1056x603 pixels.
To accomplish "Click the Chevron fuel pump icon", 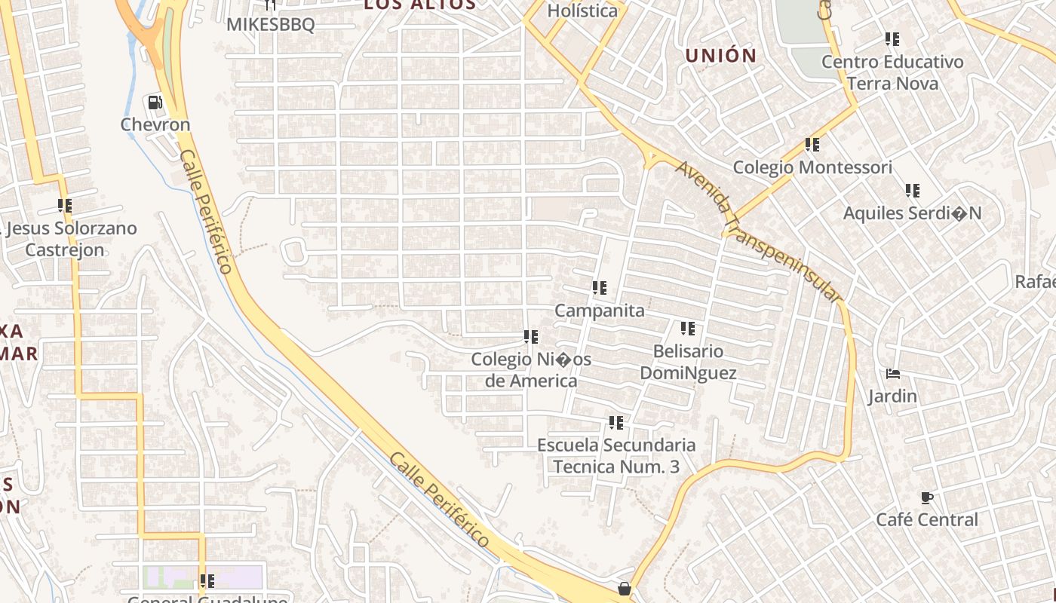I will click(155, 102).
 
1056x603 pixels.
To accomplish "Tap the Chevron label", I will click(155, 124).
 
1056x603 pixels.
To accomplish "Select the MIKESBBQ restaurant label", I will click(271, 24).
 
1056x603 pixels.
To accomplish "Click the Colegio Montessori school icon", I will click(812, 144).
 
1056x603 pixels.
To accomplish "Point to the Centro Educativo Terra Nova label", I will click(892, 72).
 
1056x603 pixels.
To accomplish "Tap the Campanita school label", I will click(600, 311).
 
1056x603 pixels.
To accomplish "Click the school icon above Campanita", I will click(600, 287).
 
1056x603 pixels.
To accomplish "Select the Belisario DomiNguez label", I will click(688, 362).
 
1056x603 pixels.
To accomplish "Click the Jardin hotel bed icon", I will click(893, 374).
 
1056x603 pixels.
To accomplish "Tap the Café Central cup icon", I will click(926, 497).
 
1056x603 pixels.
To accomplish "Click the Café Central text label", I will click(926, 519).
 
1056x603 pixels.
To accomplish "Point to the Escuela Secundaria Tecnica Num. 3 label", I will click(616, 456).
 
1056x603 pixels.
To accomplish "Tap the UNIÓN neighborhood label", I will click(720, 55).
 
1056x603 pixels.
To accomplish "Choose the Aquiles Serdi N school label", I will click(912, 213).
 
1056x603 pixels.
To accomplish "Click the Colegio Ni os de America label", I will click(531, 369).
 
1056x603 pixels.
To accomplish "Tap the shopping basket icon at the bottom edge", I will click(625, 588).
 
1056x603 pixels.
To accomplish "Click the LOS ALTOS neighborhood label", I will click(419, 5).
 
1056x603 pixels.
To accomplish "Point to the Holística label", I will click(582, 11).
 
